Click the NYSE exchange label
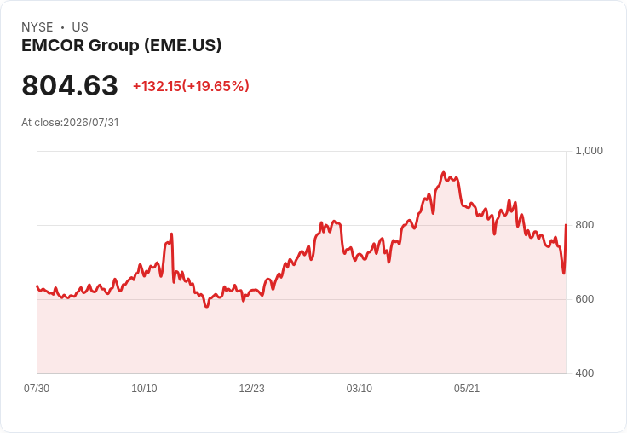37,27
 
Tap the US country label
80,27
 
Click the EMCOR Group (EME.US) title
121,45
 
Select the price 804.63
70,85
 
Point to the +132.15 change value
157,86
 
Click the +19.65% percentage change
216,86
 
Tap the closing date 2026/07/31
91,123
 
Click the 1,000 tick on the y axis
589,151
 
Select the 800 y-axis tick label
584,225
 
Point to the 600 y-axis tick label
584,299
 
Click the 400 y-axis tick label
584,373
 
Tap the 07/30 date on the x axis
37,388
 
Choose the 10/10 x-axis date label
144,388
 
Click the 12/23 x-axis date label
252,388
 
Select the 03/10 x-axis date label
360,388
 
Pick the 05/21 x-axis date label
467,388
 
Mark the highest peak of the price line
443,172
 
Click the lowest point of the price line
206,307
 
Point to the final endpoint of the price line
567,225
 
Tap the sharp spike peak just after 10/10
171,234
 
